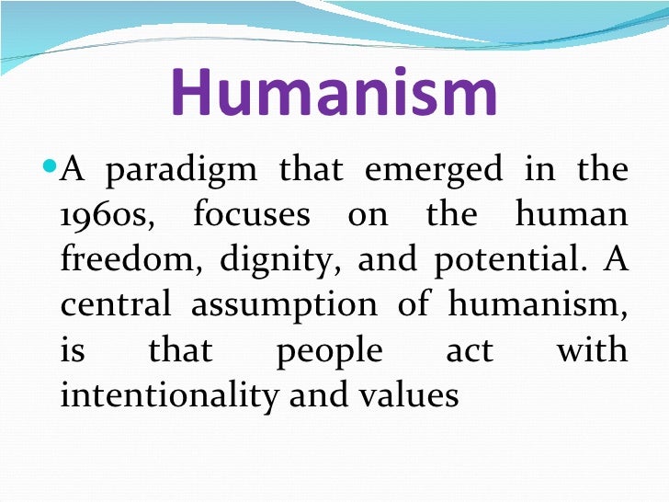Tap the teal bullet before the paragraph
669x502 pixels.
tap(51, 171)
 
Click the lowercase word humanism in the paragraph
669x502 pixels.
tap(538, 306)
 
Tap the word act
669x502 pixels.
tap(469, 351)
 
